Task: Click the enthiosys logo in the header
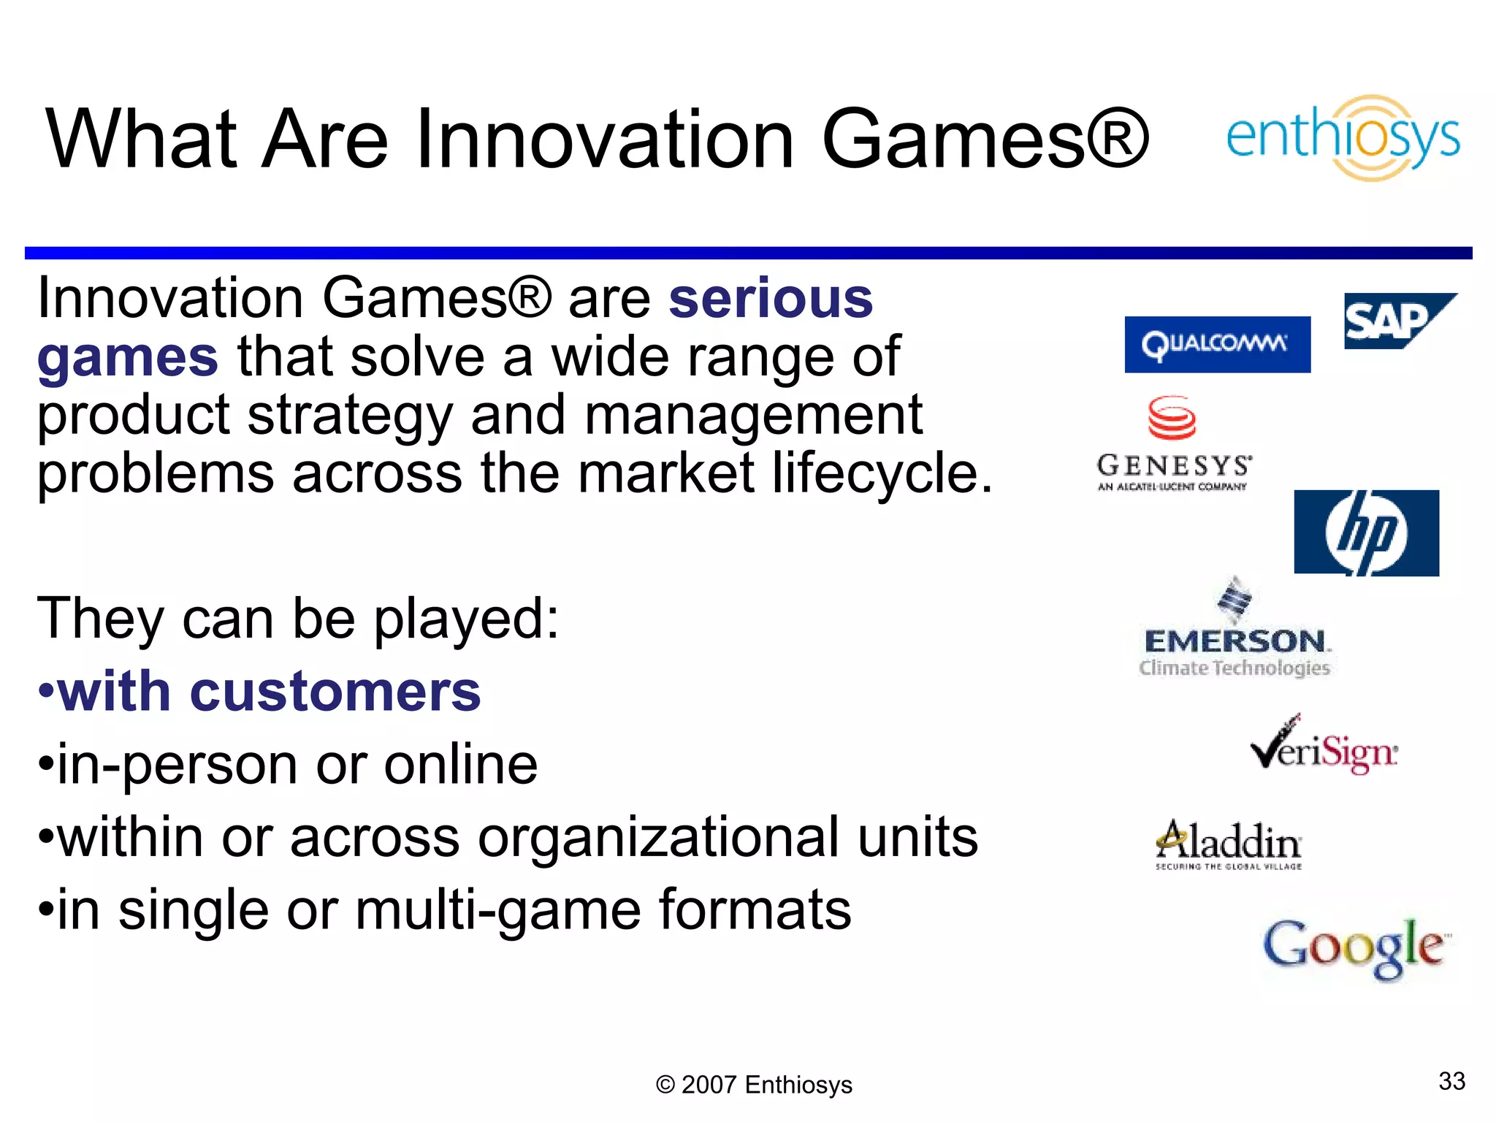point(1343,138)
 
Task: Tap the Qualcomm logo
point(1217,344)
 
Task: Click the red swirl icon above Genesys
point(1172,418)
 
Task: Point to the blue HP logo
point(1366,533)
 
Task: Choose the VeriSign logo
point(1324,747)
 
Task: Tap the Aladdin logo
point(1229,844)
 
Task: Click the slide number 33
point(1451,1081)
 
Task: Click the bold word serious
point(771,299)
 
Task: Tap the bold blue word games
point(128,357)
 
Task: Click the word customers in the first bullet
point(335,691)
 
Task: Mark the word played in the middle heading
point(465,619)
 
